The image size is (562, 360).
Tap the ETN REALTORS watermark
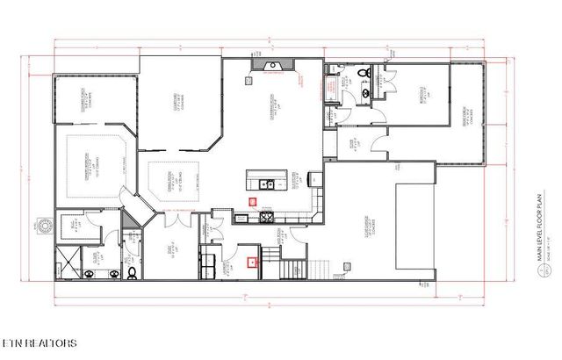(39, 342)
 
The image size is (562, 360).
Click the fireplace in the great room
(270, 64)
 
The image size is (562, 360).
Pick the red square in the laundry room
(253, 259)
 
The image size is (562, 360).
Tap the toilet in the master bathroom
(132, 273)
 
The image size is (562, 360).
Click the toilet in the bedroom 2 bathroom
(364, 72)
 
